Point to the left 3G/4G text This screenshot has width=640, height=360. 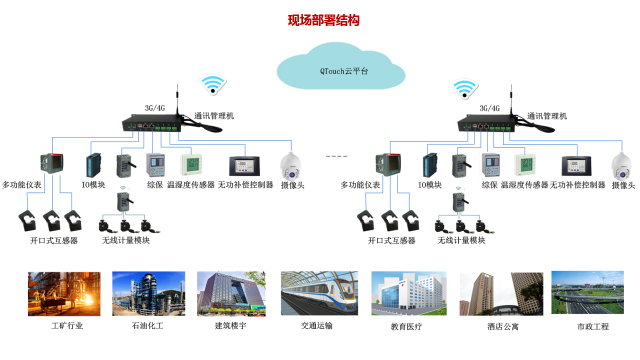pos(155,108)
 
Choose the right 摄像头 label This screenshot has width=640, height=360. pos(623,185)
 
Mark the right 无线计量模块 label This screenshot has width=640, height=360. pos(461,240)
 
